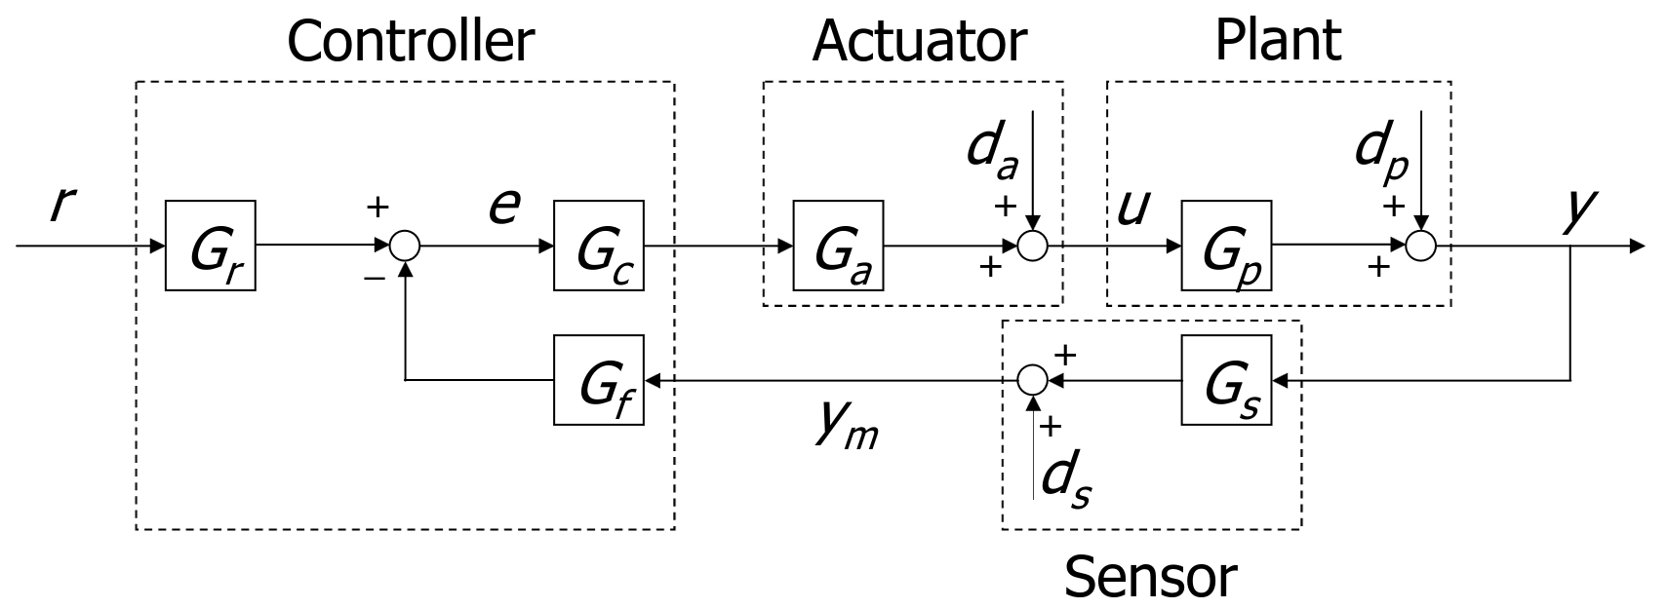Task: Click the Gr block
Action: (x=210, y=246)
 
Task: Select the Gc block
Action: (x=598, y=246)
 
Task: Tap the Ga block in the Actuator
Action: (x=838, y=246)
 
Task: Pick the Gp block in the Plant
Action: (x=1226, y=246)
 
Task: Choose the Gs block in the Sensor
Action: (x=1226, y=380)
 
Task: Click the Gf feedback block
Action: (x=598, y=380)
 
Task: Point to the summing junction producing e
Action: (x=405, y=247)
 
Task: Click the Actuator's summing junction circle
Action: (x=1033, y=247)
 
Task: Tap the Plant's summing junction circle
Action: (x=1421, y=247)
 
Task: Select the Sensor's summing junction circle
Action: (x=1033, y=380)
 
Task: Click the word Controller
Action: (x=410, y=41)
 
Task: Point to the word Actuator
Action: (x=919, y=41)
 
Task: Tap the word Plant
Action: (x=1277, y=41)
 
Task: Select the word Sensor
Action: (x=1150, y=576)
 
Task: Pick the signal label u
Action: (x=1131, y=207)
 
